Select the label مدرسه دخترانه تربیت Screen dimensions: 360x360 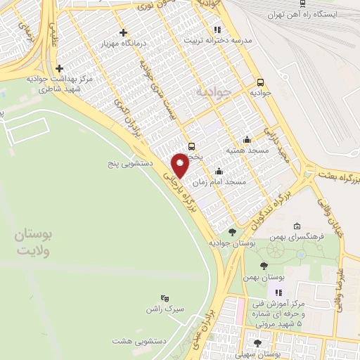tap(217, 39)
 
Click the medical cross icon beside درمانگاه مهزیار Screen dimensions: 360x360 tap(123, 32)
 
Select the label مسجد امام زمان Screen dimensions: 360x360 tap(225, 181)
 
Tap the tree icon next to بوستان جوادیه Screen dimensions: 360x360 tap(232, 231)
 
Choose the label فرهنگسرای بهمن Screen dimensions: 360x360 tap(320, 237)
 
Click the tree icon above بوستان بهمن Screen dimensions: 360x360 tap(263, 266)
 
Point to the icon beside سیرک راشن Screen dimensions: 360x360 tap(165, 298)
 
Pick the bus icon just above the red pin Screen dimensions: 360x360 tap(192, 146)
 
